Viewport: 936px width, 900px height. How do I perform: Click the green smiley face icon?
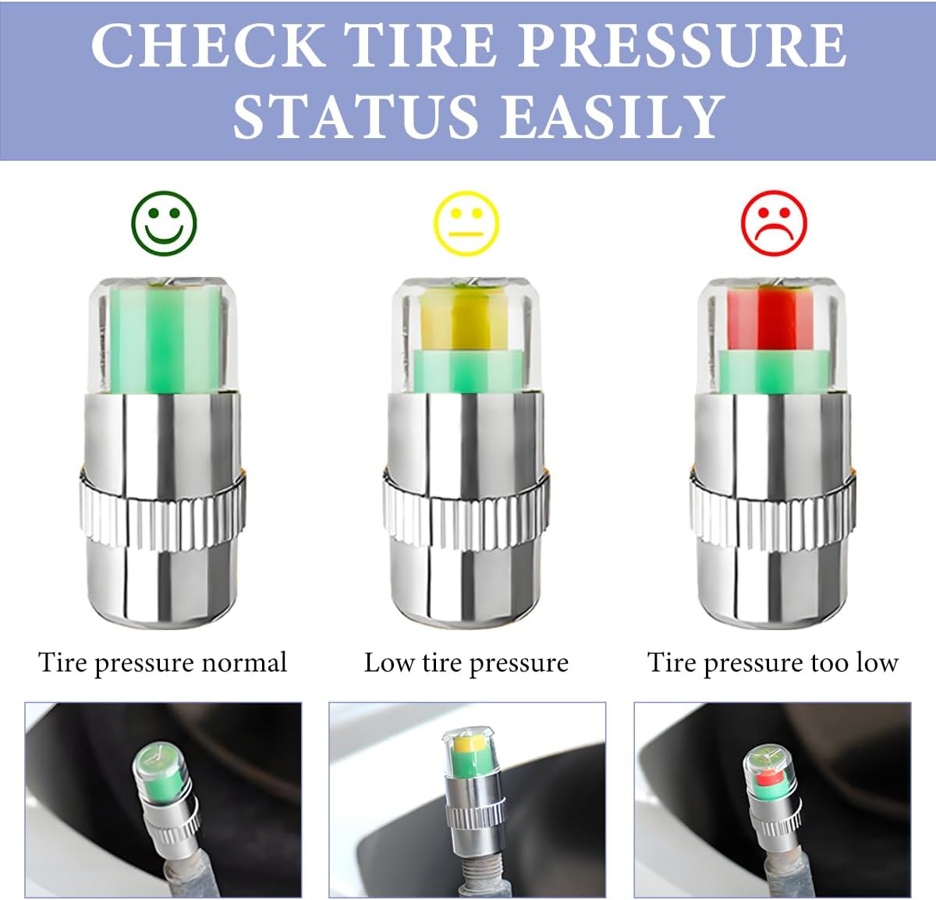point(164,223)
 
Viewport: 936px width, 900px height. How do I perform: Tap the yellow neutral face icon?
point(466,223)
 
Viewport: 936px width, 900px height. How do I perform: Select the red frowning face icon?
point(774,223)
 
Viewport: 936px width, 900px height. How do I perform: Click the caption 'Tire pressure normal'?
point(162,664)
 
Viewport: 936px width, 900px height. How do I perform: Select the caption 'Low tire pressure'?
point(466,664)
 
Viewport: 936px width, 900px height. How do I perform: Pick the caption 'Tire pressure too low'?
point(773,664)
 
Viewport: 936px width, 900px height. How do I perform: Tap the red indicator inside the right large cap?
point(771,318)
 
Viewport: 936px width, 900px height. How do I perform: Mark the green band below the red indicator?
point(773,372)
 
